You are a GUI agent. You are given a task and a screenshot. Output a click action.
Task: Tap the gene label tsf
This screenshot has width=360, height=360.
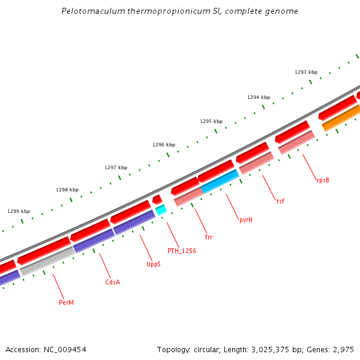click(x=280, y=200)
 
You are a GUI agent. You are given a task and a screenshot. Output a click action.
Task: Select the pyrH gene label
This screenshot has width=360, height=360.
click(x=246, y=220)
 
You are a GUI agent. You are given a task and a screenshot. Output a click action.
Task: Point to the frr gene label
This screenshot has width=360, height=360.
click(x=209, y=237)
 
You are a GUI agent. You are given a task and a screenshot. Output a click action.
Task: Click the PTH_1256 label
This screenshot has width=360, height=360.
click(x=182, y=251)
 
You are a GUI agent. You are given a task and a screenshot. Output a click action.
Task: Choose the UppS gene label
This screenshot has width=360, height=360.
click(x=154, y=264)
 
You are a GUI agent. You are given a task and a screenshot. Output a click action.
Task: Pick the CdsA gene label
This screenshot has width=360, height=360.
click(x=113, y=281)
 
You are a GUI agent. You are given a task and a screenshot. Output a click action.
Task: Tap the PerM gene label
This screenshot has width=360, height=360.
click(x=66, y=302)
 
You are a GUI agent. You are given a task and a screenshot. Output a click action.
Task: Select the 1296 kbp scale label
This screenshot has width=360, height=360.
click(x=164, y=145)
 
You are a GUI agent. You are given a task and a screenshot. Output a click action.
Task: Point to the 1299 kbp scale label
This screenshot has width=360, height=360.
click(x=19, y=211)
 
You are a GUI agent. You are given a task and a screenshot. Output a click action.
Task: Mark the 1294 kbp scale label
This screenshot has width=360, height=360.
click(x=259, y=97)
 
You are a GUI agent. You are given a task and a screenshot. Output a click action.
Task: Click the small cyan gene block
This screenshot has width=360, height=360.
click(x=161, y=210)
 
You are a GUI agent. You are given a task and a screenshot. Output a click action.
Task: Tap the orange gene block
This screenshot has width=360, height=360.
click(x=341, y=118)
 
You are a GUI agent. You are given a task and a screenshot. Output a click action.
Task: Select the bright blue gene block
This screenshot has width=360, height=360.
click(x=220, y=181)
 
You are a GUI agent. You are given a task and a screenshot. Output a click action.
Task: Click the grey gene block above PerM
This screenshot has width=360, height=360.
click(x=46, y=262)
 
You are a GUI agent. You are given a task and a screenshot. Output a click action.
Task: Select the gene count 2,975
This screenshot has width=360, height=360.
click(x=343, y=349)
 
